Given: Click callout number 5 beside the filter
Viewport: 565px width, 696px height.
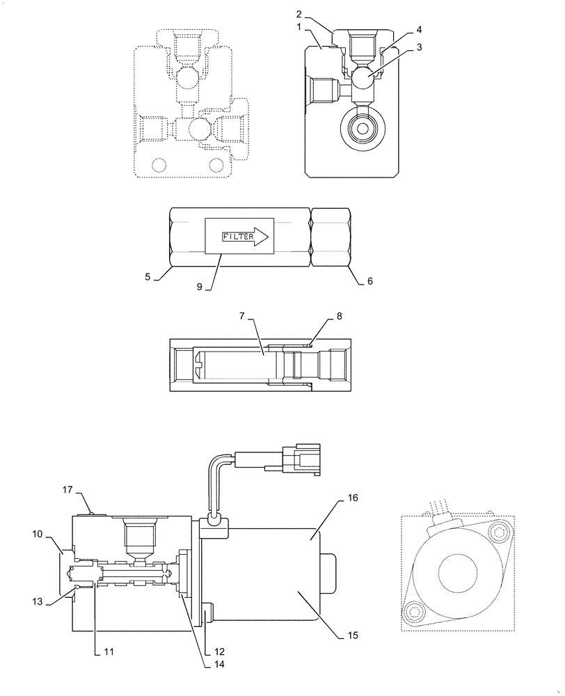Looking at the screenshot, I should [x=148, y=277].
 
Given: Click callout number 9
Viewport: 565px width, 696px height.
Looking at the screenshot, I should [x=199, y=286].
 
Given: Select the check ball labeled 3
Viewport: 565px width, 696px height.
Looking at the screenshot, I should [x=363, y=77].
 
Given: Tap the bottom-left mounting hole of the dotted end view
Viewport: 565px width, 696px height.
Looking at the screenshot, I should [x=416, y=612].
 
